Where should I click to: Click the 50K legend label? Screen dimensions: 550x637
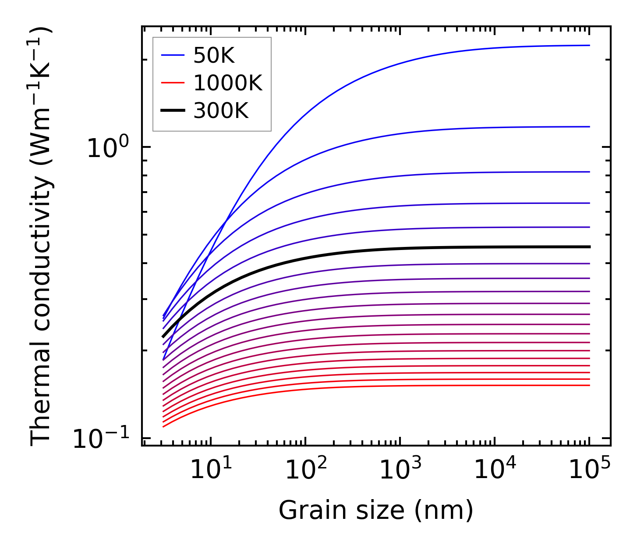(x=214, y=56)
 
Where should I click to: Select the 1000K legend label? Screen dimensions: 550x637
(x=228, y=83)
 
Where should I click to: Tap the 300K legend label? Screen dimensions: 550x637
(x=221, y=111)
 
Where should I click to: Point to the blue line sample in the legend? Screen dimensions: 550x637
(x=173, y=56)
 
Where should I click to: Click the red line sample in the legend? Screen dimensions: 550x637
(x=173, y=83)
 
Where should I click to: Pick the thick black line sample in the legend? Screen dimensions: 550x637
(x=173, y=111)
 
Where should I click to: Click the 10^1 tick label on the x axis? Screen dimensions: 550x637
(x=212, y=470)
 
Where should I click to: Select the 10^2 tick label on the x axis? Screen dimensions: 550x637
(x=306, y=470)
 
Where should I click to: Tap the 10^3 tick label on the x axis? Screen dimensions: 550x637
(x=400, y=470)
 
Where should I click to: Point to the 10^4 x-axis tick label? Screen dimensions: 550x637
(x=495, y=470)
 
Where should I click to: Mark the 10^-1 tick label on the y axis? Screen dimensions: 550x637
(x=101, y=438)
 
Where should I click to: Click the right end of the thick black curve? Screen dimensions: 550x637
(x=590, y=247)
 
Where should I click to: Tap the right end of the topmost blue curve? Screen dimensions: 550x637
(x=590, y=45)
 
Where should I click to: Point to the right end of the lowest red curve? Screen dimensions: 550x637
(x=590, y=385)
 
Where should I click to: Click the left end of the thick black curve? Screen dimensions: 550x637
(x=163, y=337)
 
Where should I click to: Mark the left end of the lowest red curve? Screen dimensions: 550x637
(x=163, y=426)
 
